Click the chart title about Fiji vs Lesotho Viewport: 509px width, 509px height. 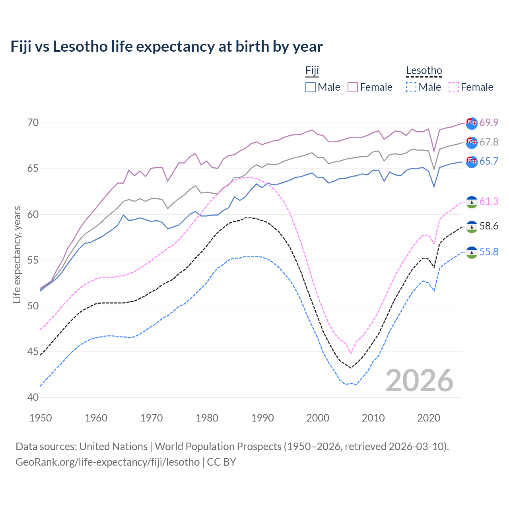(166, 47)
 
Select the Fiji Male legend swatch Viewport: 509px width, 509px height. (311, 87)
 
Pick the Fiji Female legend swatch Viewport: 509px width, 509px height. (353, 87)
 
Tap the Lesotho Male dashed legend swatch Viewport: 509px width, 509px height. (411, 87)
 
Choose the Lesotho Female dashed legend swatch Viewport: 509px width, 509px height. (453, 87)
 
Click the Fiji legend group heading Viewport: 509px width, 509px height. (312, 71)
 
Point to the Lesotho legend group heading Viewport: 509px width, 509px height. (424, 71)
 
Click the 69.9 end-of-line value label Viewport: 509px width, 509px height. (489, 122)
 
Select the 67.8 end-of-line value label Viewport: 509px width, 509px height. (489, 142)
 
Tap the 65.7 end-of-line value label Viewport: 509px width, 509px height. (489, 161)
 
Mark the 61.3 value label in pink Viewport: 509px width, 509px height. (489, 202)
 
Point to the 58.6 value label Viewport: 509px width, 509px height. (489, 226)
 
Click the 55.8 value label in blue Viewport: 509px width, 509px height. (489, 252)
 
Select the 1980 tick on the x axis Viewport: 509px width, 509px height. (207, 418)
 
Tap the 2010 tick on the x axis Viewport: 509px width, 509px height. (373, 418)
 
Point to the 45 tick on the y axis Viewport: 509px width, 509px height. (33, 352)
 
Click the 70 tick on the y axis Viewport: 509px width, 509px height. (33, 123)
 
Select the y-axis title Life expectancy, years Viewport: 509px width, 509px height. (17, 254)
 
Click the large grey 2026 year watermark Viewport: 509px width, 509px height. (419, 381)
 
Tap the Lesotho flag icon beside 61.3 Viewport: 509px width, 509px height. (472, 202)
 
